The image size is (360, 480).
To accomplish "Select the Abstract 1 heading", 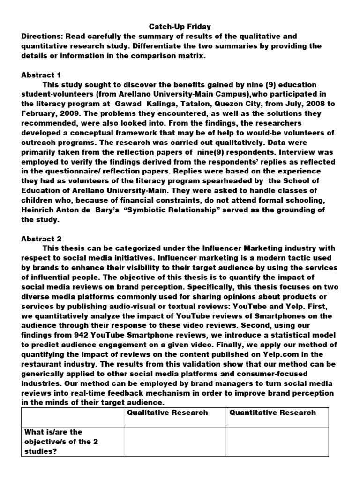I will [41, 75].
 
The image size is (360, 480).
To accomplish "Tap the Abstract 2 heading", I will [41, 239].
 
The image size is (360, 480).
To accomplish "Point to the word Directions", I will [41, 37].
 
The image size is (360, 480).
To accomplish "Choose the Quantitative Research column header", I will [273, 412].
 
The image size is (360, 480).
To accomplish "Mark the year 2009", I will [73, 113].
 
